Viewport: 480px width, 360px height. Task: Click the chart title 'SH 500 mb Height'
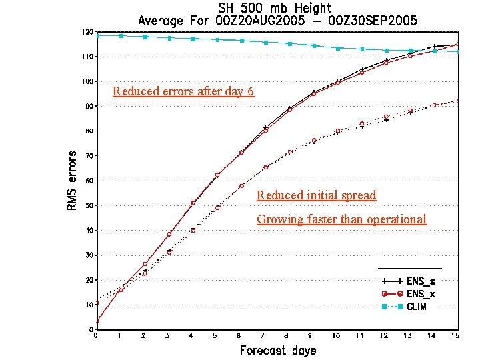(x=278, y=8)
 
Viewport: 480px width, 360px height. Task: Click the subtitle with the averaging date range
(x=278, y=21)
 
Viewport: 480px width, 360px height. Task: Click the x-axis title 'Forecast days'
(x=277, y=350)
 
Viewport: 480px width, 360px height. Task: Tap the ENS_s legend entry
(x=407, y=281)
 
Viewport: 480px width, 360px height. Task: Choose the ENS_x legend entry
(x=407, y=294)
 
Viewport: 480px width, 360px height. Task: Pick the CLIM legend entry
(x=407, y=307)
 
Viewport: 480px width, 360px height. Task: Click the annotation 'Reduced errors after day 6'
(x=183, y=91)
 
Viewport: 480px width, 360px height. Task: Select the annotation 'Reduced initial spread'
(x=316, y=195)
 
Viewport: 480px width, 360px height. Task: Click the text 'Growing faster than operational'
(x=341, y=219)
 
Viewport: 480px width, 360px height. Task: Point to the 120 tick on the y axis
(x=87, y=32)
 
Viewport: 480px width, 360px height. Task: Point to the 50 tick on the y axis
(x=89, y=205)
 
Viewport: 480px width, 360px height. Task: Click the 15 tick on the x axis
(x=455, y=335)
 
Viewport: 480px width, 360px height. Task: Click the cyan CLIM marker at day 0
(x=97, y=35)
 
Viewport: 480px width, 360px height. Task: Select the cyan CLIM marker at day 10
(x=337, y=48)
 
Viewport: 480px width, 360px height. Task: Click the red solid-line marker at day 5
(x=217, y=175)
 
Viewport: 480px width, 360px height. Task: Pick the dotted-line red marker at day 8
(x=289, y=153)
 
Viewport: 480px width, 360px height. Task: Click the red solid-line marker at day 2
(x=145, y=265)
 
